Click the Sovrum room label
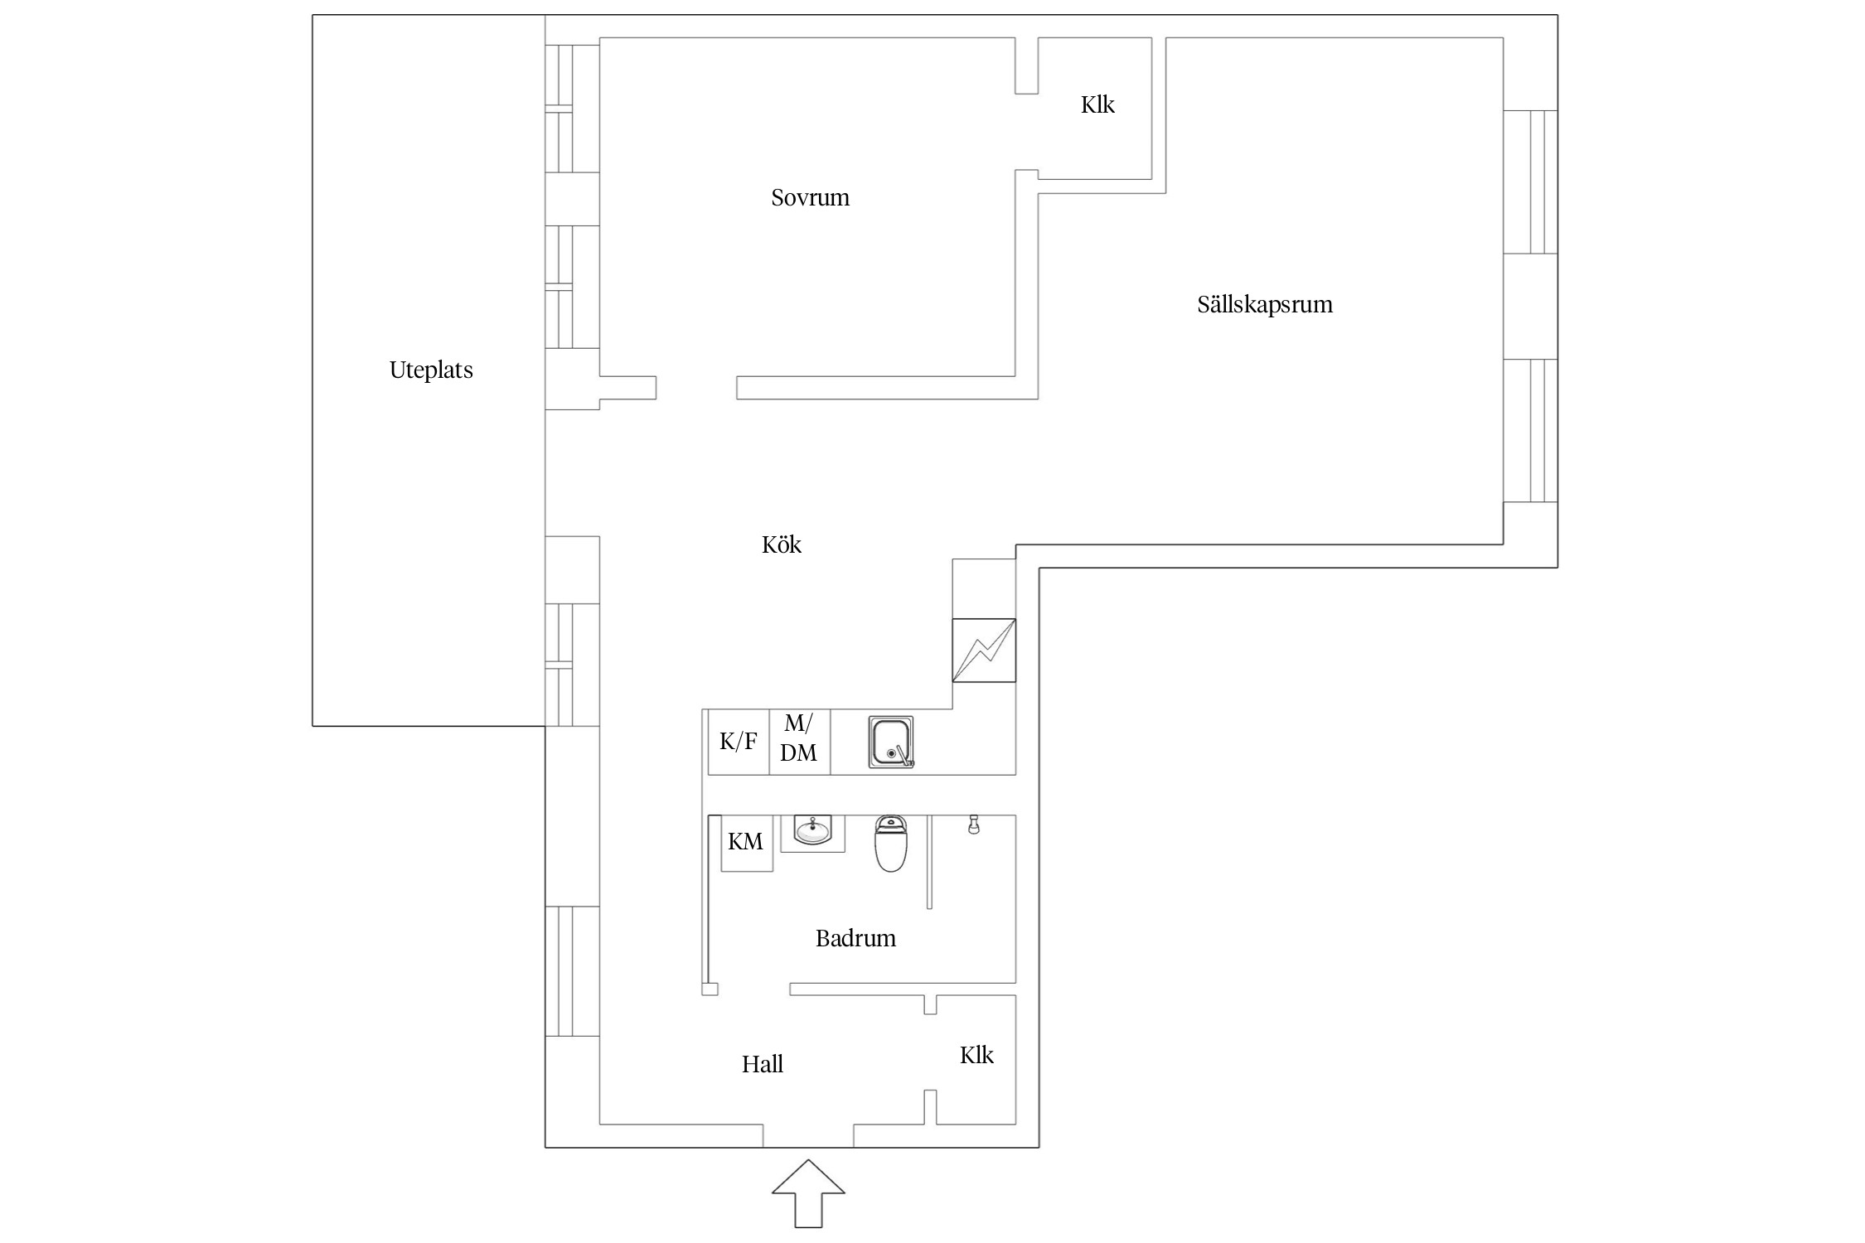[x=810, y=197]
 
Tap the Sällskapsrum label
[x=1265, y=305]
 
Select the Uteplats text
[x=431, y=370]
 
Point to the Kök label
[x=782, y=544]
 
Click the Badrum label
[x=855, y=938]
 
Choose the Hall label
[x=763, y=1064]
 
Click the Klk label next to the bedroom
[x=1097, y=104]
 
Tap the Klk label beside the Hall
[x=976, y=1055]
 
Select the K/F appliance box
[x=738, y=742]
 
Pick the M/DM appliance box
[x=800, y=742]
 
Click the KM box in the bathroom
[x=747, y=843]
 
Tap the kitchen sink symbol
[x=891, y=742]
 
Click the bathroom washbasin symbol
[x=813, y=831]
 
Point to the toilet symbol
[x=891, y=844]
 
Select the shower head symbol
[x=974, y=825]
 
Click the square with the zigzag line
[x=984, y=651]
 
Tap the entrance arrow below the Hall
[x=808, y=1192]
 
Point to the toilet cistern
[x=891, y=824]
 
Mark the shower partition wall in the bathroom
[x=930, y=862]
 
